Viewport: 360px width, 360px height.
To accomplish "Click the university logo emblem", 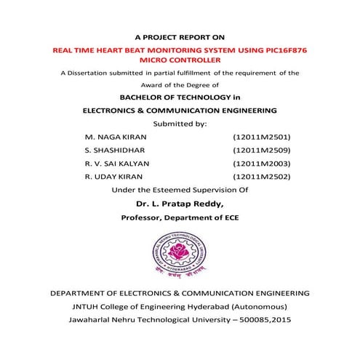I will click(x=179, y=254).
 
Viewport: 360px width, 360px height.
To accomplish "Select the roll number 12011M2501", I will click(x=261, y=137).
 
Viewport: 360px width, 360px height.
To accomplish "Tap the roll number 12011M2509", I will click(x=261, y=150).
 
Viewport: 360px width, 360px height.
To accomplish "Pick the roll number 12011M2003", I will click(x=261, y=163).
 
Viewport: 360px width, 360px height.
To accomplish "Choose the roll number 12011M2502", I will click(x=261, y=176).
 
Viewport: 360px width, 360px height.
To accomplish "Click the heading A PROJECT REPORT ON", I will click(x=180, y=36).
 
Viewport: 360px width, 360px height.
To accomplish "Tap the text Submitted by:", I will click(x=180, y=124).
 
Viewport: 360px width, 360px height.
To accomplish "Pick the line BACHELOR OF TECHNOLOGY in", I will click(x=179, y=97).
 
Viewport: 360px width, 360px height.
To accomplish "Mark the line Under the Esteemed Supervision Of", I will click(x=179, y=189).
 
